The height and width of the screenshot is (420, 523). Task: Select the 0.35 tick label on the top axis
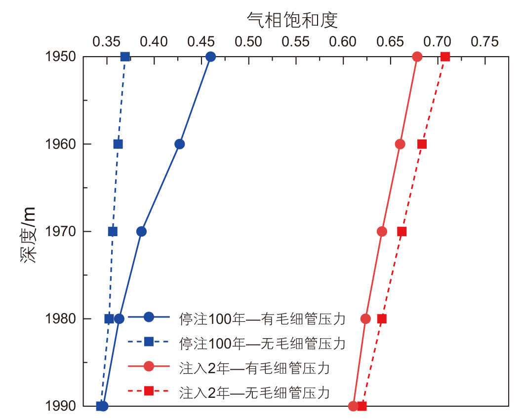(107, 42)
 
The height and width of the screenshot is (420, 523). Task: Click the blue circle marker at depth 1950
(211, 57)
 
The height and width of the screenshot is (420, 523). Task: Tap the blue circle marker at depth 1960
(180, 144)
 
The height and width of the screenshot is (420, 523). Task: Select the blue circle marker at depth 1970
(142, 231)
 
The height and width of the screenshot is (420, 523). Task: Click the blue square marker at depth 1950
(125, 57)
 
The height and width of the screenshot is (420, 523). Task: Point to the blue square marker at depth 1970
(113, 231)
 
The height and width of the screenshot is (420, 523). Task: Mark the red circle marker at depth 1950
(417, 57)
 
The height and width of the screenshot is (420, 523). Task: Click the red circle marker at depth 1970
(382, 231)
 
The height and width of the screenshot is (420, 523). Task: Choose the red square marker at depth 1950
(445, 57)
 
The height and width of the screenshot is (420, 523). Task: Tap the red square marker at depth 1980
(382, 318)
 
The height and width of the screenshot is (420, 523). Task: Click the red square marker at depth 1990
(362, 406)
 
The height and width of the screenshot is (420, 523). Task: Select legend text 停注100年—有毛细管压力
(262, 318)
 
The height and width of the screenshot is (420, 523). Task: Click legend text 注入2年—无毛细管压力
(254, 393)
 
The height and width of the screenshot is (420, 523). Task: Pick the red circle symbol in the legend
(149, 367)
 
